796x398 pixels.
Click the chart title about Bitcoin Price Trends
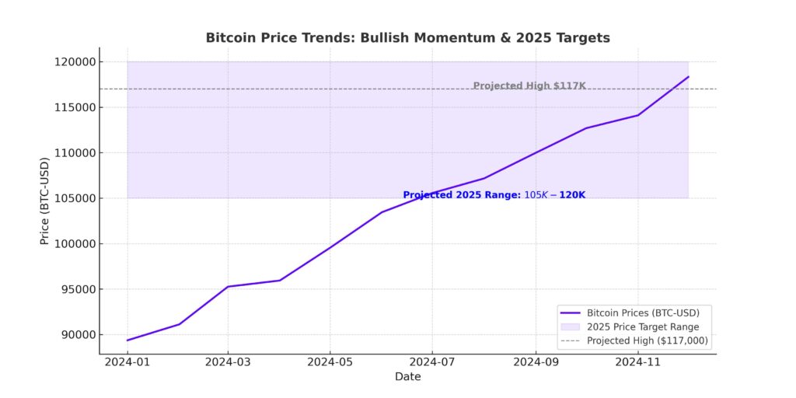[x=407, y=37]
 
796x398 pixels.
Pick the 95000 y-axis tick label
[x=75, y=289]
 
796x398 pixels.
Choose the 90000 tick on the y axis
[x=75, y=335]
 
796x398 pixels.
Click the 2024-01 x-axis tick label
[x=127, y=361]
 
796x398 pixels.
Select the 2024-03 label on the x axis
[x=228, y=361]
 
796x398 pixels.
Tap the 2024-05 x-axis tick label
[x=330, y=361]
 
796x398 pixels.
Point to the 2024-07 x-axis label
[x=433, y=361]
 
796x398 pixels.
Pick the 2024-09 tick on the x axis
[x=536, y=361]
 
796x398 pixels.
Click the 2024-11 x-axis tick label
[x=638, y=361]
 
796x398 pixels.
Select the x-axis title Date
[x=407, y=377]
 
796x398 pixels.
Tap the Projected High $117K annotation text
[x=529, y=86]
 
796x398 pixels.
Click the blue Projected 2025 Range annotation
[x=494, y=195]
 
